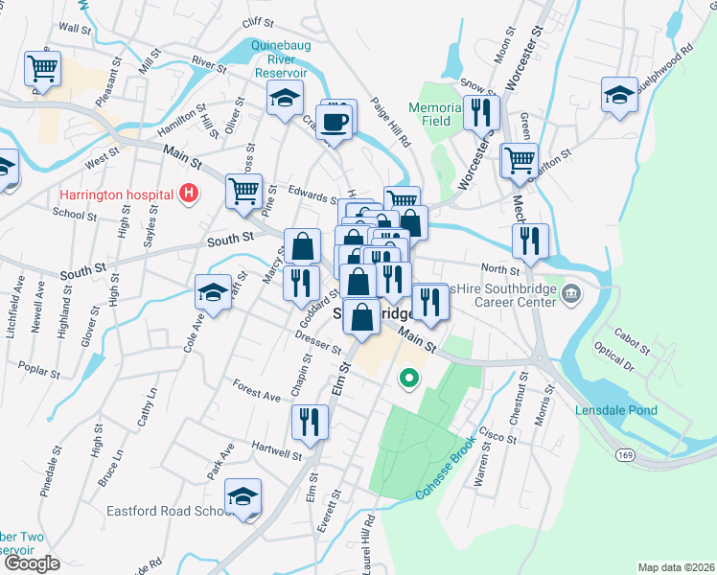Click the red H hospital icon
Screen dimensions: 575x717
pyautogui.click(x=189, y=194)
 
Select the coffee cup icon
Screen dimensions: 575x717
pyautogui.click(x=335, y=122)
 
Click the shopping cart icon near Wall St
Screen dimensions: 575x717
pyautogui.click(x=42, y=69)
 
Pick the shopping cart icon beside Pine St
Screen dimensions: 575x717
pyautogui.click(x=243, y=190)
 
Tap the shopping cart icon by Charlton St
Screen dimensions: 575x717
pyautogui.click(x=520, y=159)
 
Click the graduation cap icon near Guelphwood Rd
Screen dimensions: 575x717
pyautogui.click(x=619, y=96)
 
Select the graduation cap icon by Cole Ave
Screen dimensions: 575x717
pyautogui.click(x=214, y=292)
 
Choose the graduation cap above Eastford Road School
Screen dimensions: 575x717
pyautogui.click(x=243, y=496)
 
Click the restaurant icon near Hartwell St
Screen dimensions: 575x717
pyautogui.click(x=310, y=421)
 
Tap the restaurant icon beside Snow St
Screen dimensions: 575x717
pyautogui.click(x=481, y=111)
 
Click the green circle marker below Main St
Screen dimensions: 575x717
pyautogui.click(x=409, y=379)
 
